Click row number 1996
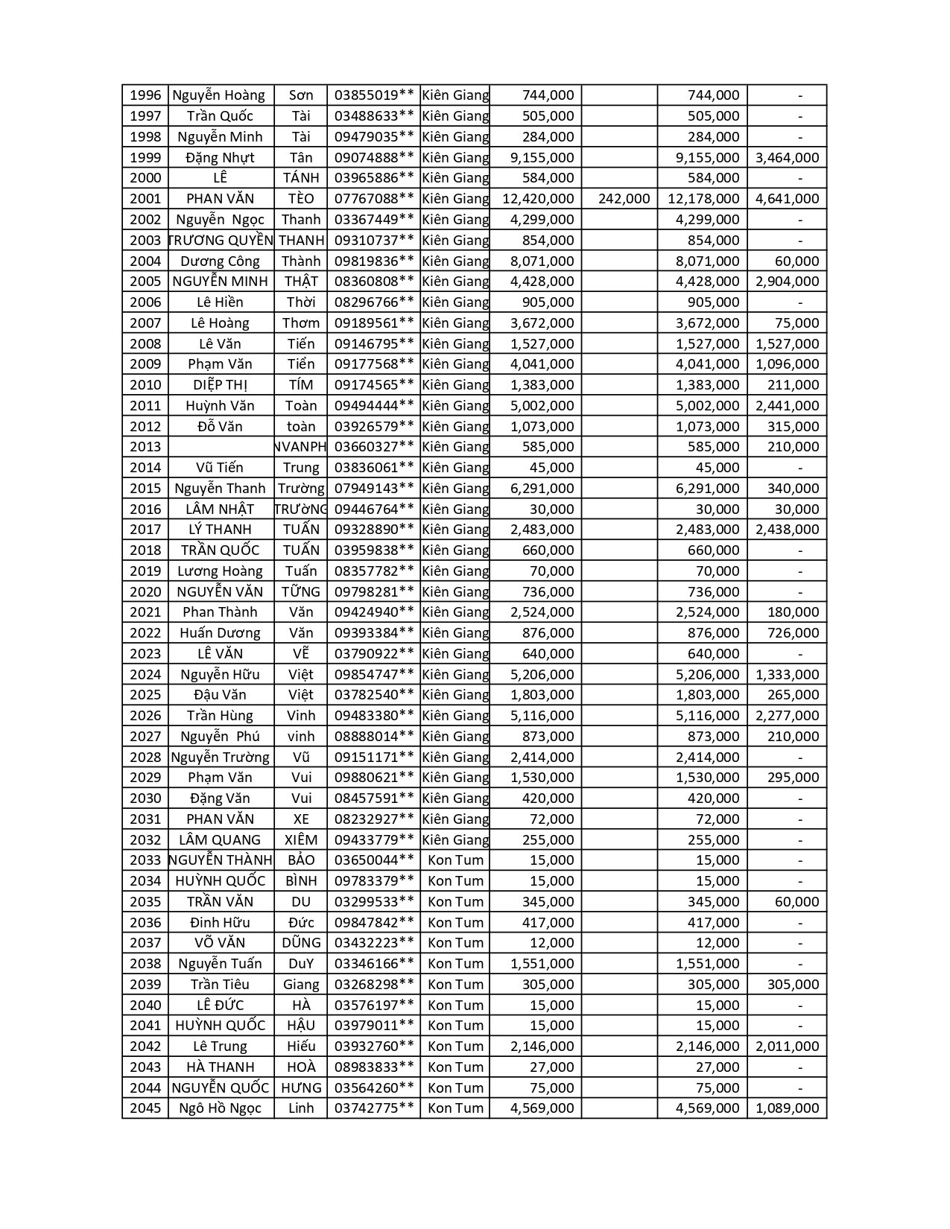click(145, 95)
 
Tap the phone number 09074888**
click(374, 157)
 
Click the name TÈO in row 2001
click(301, 199)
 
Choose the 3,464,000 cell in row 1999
click(787, 157)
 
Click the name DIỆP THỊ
click(220, 385)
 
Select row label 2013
click(145, 447)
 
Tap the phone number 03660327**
click(374, 447)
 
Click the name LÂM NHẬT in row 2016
click(220, 509)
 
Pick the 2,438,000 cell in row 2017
click(787, 530)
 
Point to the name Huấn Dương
click(220, 633)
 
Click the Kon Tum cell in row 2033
click(455, 860)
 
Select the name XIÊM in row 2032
click(301, 839)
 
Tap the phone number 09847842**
click(374, 922)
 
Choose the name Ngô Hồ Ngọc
click(220, 1108)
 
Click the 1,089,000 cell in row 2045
click(787, 1108)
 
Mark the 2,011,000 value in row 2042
click(787, 1047)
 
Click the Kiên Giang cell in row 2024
click(455, 675)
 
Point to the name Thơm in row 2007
click(301, 323)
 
